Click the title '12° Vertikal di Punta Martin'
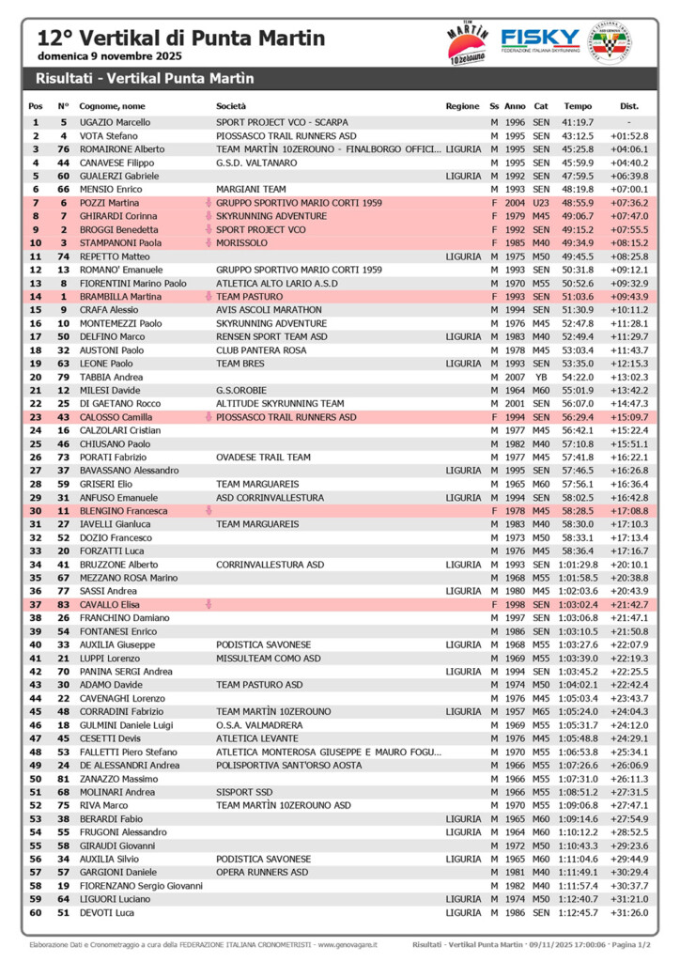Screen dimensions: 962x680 pos(180,39)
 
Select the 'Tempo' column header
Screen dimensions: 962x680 pos(578,106)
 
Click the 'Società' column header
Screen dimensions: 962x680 pos(231,106)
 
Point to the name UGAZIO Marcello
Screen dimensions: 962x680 pos(115,122)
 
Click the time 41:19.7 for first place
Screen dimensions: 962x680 pos(578,122)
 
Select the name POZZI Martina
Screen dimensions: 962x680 pos(109,203)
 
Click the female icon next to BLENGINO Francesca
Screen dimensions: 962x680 pos(209,510)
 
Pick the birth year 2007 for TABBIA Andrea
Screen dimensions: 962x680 pos(515,377)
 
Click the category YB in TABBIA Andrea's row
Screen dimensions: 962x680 pos(541,377)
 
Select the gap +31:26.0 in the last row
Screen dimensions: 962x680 pos(629,912)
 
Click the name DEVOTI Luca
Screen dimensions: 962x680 pos(106,912)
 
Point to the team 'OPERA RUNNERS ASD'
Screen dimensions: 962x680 pos(262,872)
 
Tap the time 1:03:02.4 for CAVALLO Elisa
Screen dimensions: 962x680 pos(578,604)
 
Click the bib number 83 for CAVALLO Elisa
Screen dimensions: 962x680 pos(64,604)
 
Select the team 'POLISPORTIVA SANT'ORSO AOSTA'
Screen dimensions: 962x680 pos(288,765)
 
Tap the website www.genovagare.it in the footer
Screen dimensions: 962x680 pos(347,944)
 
